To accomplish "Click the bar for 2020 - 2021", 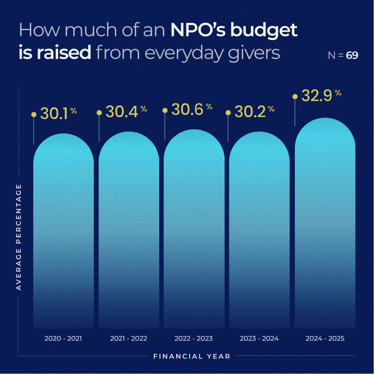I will (63, 234).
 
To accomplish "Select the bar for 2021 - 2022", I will (129, 234).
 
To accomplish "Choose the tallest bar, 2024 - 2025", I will (325, 225).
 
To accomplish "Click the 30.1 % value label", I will (58, 114).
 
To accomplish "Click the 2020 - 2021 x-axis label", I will (63, 338).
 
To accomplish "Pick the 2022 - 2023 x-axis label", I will (194, 338).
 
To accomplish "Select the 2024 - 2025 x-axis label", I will (325, 338).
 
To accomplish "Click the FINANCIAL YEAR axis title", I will (192, 356).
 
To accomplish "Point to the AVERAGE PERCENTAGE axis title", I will (19, 237).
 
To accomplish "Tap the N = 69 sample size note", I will (343, 55).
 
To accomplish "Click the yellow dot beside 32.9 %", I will (295, 97).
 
